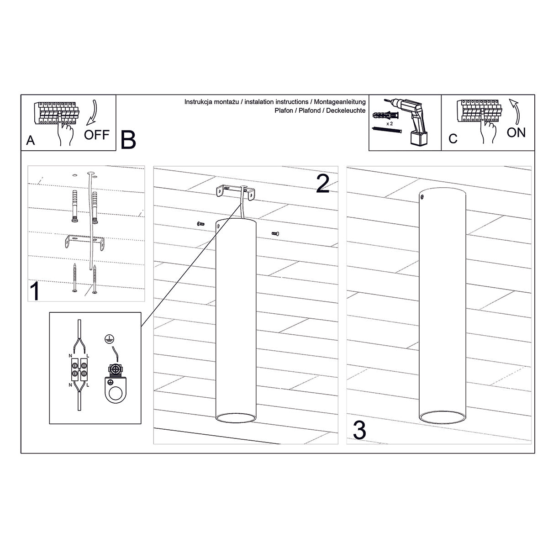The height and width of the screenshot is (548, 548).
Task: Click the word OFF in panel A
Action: pyautogui.click(x=96, y=135)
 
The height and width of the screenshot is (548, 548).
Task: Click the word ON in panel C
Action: pyautogui.click(x=516, y=132)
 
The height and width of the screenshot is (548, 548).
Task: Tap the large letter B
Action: pyautogui.click(x=128, y=140)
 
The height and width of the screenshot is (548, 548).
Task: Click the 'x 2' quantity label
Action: pyautogui.click(x=390, y=124)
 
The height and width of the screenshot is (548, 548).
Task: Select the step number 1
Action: pyautogui.click(x=35, y=290)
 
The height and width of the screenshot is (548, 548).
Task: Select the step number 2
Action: pyautogui.click(x=323, y=184)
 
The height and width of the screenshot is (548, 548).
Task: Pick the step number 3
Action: pyautogui.click(x=359, y=430)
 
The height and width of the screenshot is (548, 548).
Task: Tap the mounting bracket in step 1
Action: pyautogui.click(x=85, y=242)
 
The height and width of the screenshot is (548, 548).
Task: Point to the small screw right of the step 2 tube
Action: pyautogui.click(x=275, y=233)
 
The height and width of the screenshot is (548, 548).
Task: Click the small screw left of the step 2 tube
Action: pyautogui.click(x=200, y=223)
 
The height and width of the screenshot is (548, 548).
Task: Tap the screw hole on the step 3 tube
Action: pyautogui.click(x=422, y=196)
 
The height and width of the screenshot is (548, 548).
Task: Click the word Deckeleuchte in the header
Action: pyautogui.click(x=346, y=111)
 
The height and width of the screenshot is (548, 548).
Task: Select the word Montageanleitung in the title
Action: pyautogui.click(x=340, y=102)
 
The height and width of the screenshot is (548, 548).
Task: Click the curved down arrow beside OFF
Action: pyautogui.click(x=93, y=112)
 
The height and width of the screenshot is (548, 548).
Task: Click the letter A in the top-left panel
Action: pyautogui.click(x=31, y=140)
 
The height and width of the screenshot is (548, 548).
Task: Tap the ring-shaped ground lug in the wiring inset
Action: pyautogui.click(x=116, y=392)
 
